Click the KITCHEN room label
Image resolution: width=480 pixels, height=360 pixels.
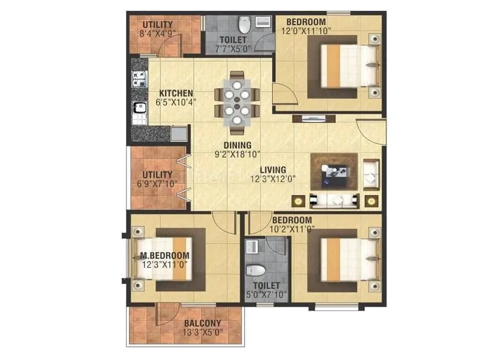click(x=176, y=93)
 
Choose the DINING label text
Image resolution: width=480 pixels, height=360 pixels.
click(x=237, y=145)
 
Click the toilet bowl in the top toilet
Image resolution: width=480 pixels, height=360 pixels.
click(x=244, y=26)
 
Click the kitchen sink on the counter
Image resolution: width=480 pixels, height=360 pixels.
click(x=137, y=110)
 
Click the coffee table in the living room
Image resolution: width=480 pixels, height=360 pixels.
click(x=334, y=172)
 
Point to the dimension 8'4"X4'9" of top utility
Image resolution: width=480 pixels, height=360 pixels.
click(x=157, y=34)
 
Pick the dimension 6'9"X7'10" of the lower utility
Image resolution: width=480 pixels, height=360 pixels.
click(x=157, y=184)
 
